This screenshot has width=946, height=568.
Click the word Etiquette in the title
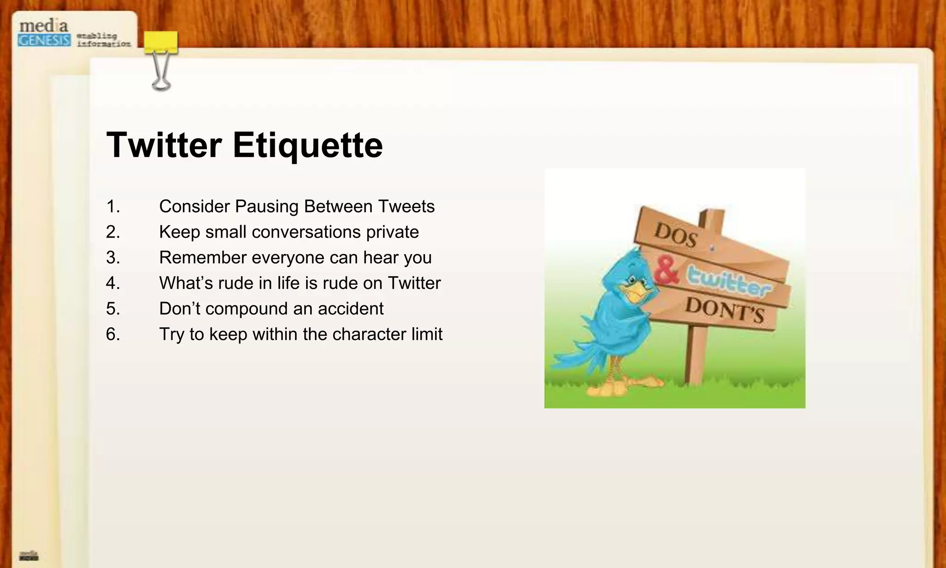coord(308,145)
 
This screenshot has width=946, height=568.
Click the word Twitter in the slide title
coord(164,145)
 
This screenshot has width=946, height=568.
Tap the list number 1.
coord(113,207)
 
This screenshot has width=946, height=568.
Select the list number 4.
coord(113,283)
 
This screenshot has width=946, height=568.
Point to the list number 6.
coord(113,334)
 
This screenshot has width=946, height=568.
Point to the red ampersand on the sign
coord(666,272)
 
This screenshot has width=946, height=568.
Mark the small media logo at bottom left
coord(29,555)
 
